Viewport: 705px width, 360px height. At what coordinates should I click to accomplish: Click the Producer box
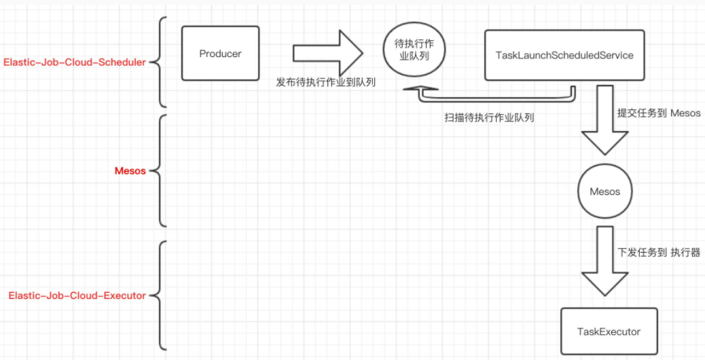click(221, 54)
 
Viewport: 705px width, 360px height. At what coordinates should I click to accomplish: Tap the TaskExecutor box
click(609, 331)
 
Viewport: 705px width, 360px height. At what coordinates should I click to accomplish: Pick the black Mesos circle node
click(604, 192)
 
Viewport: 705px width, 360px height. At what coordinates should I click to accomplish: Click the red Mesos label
click(130, 171)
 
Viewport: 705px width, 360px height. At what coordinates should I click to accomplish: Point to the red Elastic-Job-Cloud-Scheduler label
click(75, 62)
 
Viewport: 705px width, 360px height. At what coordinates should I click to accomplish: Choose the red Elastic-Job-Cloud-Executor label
click(77, 295)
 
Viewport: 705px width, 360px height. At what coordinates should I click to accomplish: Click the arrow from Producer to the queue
click(328, 53)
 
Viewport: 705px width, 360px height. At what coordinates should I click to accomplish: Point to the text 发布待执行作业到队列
click(325, 82)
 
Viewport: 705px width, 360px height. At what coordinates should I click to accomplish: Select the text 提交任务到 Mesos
click(658, 113)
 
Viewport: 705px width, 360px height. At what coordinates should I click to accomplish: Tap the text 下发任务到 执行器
click(658, 252)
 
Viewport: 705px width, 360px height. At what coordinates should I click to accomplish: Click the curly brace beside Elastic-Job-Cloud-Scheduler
click(160, 62)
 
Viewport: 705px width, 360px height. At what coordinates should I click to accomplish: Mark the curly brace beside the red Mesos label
click(160, 171)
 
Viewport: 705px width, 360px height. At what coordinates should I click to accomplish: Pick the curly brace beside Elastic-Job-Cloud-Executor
click(160, 295)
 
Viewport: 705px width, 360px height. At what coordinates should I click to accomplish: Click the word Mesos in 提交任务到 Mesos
click(685, 113)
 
